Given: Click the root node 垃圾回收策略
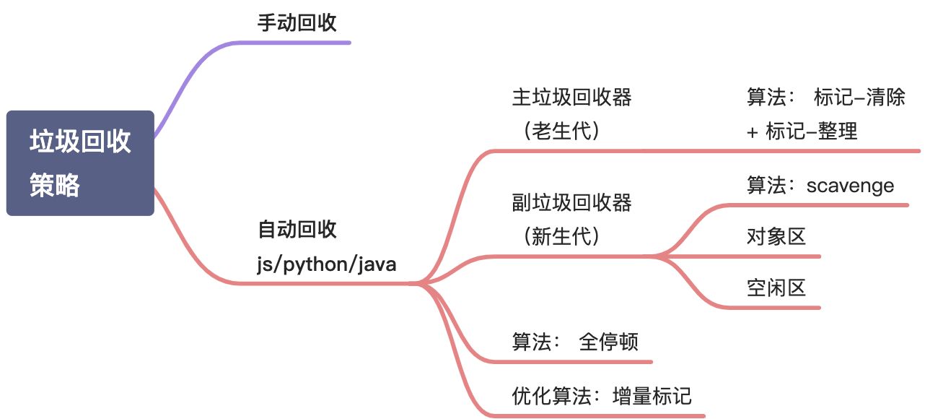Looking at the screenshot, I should coord(80,163).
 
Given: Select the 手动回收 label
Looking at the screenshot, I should coord(297,22).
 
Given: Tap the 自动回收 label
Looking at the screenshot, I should coord(297,230).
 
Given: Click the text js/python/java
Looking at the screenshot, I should coord(327,264).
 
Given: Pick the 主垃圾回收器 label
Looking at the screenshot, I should coord(571,98).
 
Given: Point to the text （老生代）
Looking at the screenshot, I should coord(562,132).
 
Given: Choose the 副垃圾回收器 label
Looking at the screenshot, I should coord(571,203).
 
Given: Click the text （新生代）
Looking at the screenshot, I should coord(562,237).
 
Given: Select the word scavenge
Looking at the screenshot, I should coord(851,186).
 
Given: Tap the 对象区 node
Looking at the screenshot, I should coord(776,236).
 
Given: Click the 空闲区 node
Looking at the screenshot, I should coord(776,288).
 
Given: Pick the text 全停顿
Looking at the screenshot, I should coord(609,342).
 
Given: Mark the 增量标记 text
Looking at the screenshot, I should coord(652,395).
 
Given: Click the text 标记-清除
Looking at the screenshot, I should coord(859,98).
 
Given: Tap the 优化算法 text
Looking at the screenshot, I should coord(551,395).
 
